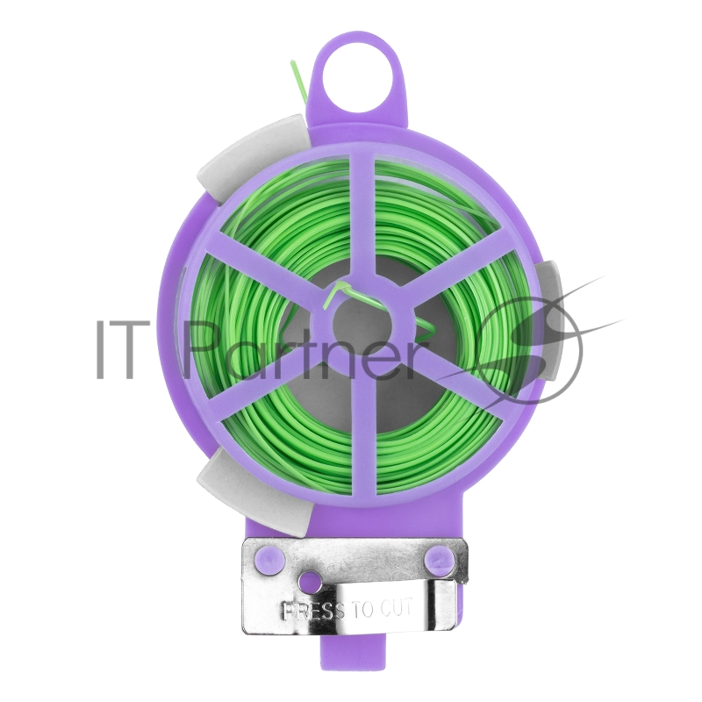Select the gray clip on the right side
[550, 319]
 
